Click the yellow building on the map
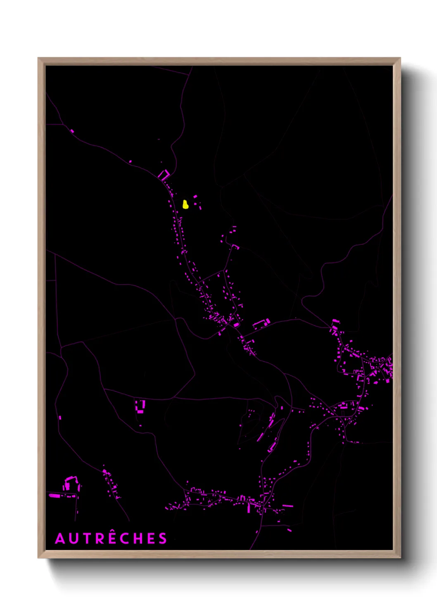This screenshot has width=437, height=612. pyautogui.click(x=185, y=204)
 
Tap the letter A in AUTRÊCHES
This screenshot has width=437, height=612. pyautogui.click(x=60, y=538)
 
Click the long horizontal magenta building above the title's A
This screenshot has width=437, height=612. pyautogui.click(x=55, y=495)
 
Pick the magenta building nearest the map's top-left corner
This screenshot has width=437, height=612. pyautogui.click(x=72, y=131)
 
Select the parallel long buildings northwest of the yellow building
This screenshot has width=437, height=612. pyautogui.click(x=164, y=175)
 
